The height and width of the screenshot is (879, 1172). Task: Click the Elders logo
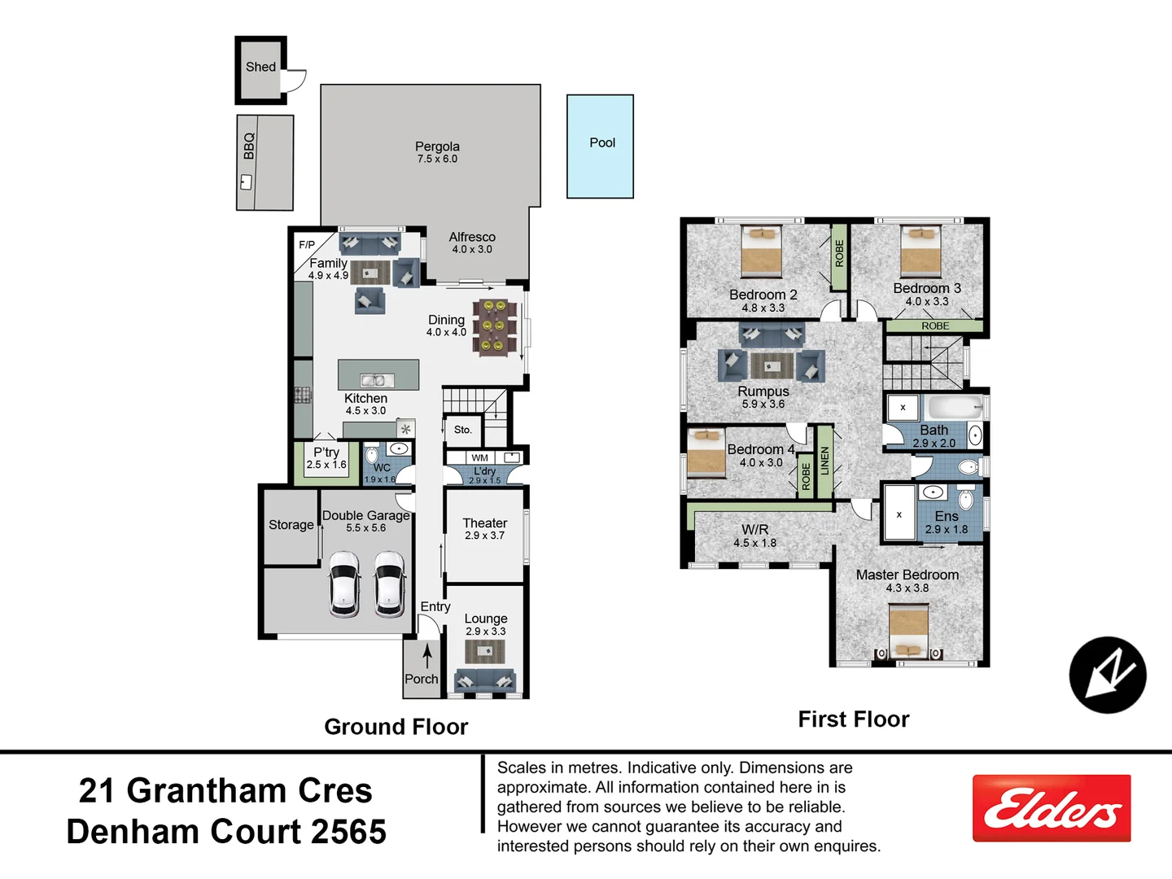point(1052,808)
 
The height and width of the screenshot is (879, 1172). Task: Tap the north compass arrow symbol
point(1108,675)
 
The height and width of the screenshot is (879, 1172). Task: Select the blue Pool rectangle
point(600,146)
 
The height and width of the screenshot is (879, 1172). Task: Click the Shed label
point(260,67)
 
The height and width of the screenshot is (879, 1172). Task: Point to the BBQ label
point(249,146)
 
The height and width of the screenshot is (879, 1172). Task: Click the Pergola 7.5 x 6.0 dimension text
point(437,159)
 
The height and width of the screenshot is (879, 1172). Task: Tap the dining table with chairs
point(494,326)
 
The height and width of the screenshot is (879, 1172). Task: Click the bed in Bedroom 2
point(762,251)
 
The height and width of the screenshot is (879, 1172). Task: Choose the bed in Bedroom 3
point(921,251)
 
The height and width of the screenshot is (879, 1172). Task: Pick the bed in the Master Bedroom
point(908,632)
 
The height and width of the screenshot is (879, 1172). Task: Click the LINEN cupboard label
point(824,461)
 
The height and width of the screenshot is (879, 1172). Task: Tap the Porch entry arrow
point(426,655)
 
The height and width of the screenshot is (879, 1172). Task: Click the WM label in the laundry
point(480,458)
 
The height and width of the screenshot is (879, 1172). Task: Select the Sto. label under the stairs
point(462,430)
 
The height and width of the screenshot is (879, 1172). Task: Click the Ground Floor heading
point(396,727)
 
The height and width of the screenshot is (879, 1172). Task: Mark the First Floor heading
point(853,719)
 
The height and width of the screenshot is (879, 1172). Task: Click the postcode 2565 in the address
point(348,832)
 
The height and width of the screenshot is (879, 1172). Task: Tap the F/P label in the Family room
point(307,245)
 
